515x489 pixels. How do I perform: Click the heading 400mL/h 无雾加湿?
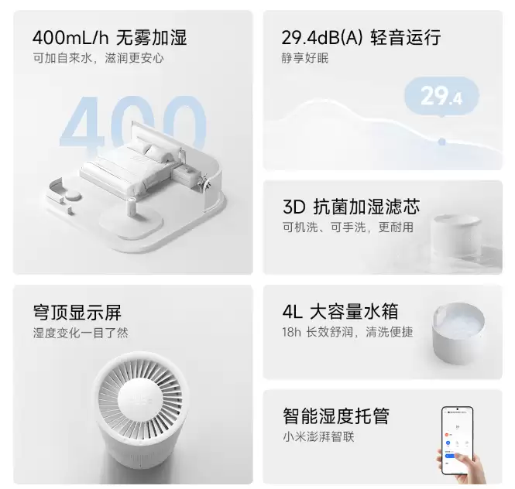click(x=109, y=37)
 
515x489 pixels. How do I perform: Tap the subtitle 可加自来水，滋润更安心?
click(x=98, y=59)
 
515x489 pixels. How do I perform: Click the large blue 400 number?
click(x=132, y=124)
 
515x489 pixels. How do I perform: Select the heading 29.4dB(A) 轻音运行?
click(x=361, y=37)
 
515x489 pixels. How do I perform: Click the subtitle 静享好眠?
click(x=305, y=59)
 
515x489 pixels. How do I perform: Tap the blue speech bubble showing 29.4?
click(x=441, y=97)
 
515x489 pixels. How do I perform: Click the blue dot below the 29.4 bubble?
click(x=441, y=142)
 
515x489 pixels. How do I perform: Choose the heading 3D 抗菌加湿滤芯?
click(x=351, y=207)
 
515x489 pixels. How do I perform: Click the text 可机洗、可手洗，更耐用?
click(x=347, y=227)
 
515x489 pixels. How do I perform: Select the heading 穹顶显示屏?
click(x=77, y=313)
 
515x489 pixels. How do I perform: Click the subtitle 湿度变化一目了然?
click(x=81, y=333)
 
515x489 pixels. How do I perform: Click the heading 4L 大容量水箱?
click(x=341, y=312)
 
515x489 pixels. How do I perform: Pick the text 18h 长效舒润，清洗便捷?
click(x=347, y=333)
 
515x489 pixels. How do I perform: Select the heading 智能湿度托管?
click(x=335, y=417)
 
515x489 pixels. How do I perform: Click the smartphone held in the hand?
click(x=457, y=439)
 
